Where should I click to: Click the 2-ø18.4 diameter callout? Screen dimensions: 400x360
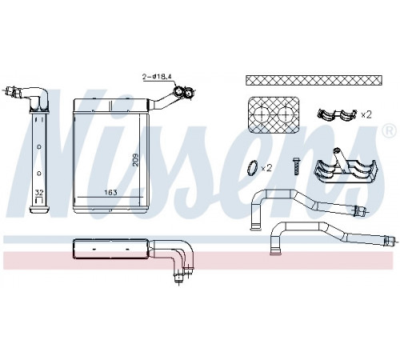pos(157,77)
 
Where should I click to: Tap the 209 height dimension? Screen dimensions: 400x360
pos(135,160)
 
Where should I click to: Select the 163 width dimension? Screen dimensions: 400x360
pos(110,192)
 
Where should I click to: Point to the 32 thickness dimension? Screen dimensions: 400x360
pos(39,193)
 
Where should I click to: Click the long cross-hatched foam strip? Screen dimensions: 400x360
pos(314,81)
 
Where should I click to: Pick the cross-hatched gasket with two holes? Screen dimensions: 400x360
pos(274,115)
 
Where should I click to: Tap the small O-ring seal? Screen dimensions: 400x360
pos(252,168)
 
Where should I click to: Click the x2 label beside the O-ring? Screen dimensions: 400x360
pos(266,168)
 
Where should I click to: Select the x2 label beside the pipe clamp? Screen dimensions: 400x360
pos(366,115)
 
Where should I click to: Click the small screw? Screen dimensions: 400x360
pos(296,166)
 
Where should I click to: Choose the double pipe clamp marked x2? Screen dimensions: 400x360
pos(337,114)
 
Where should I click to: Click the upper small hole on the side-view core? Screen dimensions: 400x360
pos(39,146)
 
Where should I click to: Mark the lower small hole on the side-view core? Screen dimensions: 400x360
pos(39,174)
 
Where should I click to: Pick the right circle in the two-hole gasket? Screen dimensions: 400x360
pos(286,115)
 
